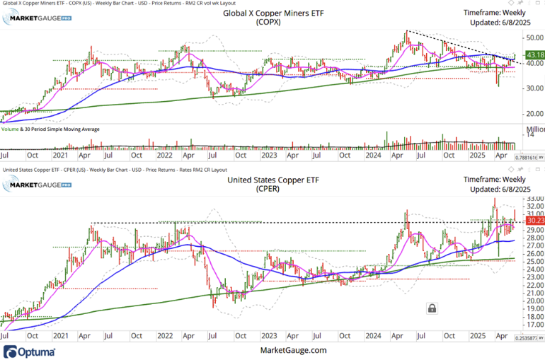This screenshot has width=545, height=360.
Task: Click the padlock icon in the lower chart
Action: [431, 308]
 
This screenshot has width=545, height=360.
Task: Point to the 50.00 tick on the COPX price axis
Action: [534, 37]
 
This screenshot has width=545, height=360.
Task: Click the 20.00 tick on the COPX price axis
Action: [534, 113]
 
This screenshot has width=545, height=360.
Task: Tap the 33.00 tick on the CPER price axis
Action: [534, 199]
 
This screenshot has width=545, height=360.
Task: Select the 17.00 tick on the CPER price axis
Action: [534, 325]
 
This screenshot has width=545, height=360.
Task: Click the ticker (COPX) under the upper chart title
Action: [269, 23]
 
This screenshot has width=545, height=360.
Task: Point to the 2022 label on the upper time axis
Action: [165, 155]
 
